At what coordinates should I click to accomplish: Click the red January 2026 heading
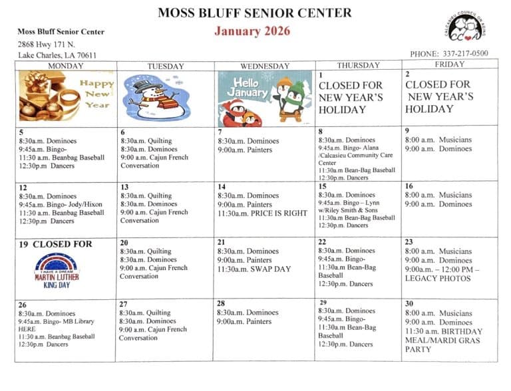(252, 31)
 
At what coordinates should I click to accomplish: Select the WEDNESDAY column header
(264, 66)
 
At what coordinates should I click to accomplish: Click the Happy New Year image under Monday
(66, 96)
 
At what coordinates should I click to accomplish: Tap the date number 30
(409, 303)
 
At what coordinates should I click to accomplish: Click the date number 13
(124, 188)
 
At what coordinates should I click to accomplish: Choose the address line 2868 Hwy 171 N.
(47, 44)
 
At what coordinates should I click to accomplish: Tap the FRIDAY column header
(449, 65)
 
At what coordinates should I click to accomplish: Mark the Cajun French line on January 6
(154, 158)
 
